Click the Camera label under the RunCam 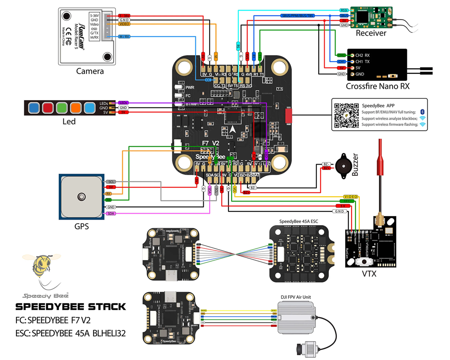(x=90, y=71)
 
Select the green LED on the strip (x=62, y=108)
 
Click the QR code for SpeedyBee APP (x=346, y=115)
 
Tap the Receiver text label (x=371, y=33)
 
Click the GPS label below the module (x=82, y=226)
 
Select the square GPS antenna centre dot (x=82, y=197)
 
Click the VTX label (x=369, y=274)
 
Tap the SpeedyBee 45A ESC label (x=299, y=221)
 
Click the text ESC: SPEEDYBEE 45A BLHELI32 (x=71, y=334)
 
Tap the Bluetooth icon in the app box (x=422, y=111)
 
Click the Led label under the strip (x=69, y=122)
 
